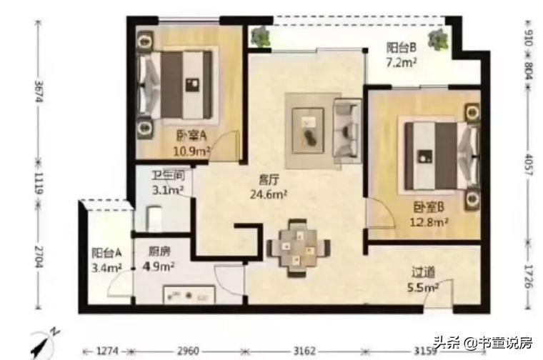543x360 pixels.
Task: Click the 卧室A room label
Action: pos(191,136)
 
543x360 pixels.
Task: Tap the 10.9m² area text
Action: pos(192,151)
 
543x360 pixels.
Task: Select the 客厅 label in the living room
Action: pos(269,180)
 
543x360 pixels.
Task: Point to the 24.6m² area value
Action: pos(269,194)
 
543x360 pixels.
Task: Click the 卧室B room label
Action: pos(429,207)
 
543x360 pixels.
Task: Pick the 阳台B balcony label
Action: pos(402,47)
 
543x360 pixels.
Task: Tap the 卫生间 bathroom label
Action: pos(168,176)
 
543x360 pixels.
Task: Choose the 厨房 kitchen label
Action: pos(159,251)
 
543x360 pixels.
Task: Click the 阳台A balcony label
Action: pos(106,253)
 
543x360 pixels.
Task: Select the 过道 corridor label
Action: pos(423,272)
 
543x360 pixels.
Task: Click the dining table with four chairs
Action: pos(298,248)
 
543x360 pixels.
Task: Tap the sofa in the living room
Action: pos(347,131)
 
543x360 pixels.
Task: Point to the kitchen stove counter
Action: pos(189,294)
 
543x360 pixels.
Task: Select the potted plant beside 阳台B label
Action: pos(439,39)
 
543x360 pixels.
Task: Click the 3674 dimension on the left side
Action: pos(39,91)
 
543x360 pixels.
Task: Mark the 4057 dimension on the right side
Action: pos(528,165)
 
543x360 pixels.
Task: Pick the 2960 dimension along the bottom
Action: pos(188,351)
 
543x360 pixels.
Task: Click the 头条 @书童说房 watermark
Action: pos(483,343)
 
